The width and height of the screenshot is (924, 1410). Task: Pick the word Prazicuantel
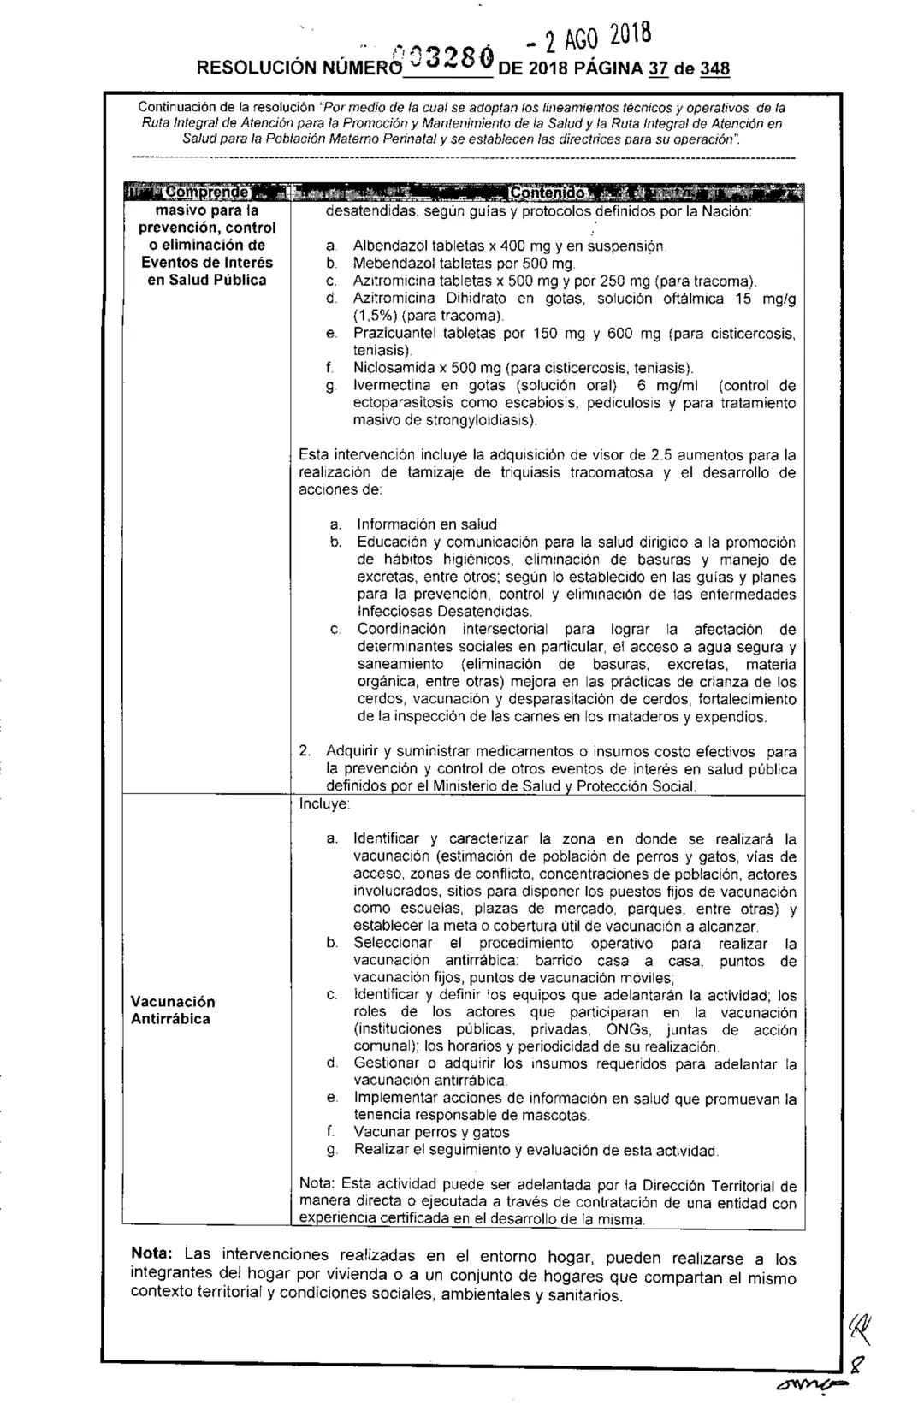pos(393,334)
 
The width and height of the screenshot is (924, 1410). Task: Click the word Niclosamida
pos(391,369)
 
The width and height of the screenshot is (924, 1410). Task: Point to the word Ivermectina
pos(391,386)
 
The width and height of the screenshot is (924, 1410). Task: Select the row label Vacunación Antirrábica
pos(173,1010)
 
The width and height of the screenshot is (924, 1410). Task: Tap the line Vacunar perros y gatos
pos(432,1133)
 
